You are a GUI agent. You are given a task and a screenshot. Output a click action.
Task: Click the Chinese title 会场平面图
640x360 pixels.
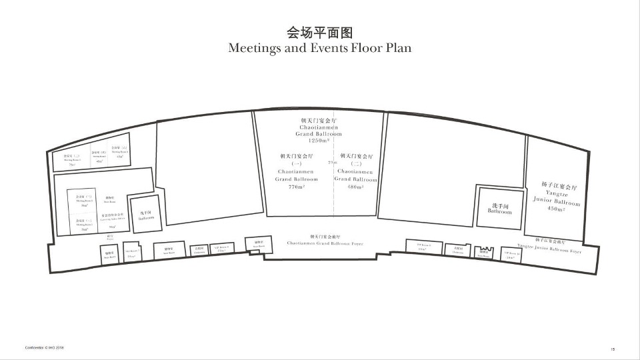319,32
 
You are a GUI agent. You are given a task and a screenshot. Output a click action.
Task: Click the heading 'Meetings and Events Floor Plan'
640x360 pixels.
319,48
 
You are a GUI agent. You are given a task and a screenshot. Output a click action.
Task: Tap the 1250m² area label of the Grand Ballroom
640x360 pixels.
321,141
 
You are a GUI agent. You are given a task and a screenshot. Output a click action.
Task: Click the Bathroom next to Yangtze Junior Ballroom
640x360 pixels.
499,208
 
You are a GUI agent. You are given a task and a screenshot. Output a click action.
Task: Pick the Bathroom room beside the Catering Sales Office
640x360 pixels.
146,215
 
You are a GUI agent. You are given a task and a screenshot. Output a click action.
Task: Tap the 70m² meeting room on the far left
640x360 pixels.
72,160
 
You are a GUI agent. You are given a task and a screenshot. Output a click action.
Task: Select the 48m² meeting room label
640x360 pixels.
99,157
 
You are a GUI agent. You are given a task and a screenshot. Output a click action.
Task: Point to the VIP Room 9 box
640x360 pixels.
425,247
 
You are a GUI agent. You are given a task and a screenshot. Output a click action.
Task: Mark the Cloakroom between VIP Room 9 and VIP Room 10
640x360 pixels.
458,250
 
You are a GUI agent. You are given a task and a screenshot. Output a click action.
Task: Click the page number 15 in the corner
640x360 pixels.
612,349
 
